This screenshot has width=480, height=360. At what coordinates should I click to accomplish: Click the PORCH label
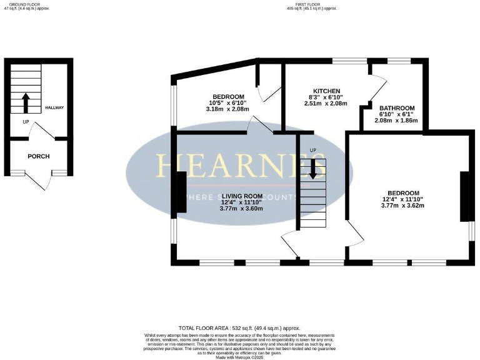[39, 156]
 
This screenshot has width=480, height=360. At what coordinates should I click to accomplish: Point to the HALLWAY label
[54, 108]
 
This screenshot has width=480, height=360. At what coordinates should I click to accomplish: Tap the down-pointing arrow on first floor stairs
[313, 169]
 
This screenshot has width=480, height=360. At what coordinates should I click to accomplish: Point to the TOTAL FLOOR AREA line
[239, 328]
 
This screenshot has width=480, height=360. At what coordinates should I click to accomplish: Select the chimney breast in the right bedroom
[464, 196]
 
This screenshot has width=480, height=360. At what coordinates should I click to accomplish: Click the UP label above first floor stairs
[313, 150]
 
